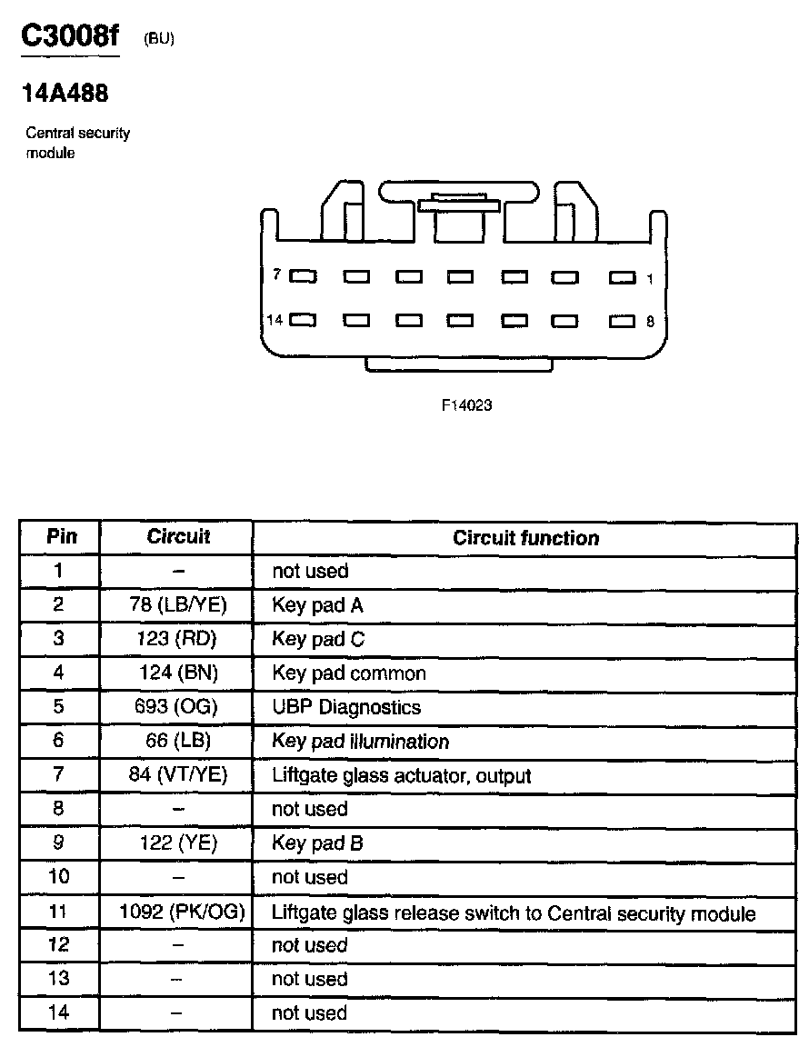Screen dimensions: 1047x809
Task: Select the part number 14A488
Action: click(65, 94)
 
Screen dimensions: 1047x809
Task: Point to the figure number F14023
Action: click(466, 406)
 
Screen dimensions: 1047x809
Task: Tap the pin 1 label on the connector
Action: click(650, 279)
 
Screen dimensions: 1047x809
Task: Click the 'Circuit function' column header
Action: click(525, 538)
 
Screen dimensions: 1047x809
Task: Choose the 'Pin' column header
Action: click(61, 537)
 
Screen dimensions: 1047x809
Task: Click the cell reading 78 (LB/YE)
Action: click(177, 605)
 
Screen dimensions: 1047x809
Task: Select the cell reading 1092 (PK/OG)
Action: click(182, 912)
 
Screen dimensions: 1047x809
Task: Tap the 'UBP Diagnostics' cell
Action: click(345, 707)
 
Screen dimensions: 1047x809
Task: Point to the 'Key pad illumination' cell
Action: click(360, 742)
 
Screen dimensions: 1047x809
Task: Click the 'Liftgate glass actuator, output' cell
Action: click(401, 776)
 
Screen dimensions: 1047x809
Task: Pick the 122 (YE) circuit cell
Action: click(178, 843)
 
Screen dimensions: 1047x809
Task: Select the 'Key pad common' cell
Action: click(348, 673)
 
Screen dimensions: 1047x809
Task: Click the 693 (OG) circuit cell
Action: click(178, 707)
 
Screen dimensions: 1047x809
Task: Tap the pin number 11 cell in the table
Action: click(59, 912)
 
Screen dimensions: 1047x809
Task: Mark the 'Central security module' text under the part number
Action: click(77, 143)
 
